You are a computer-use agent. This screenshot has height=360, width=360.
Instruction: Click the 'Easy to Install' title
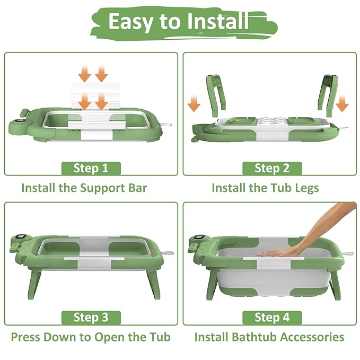point(179,21)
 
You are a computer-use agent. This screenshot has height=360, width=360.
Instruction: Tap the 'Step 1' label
point(91,168)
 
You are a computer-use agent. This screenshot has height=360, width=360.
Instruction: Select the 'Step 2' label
point(272,168)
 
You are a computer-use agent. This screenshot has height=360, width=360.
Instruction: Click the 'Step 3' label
point(91,317)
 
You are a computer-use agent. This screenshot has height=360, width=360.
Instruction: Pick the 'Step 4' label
point(272,317)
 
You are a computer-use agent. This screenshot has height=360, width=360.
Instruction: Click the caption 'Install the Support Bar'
point(84,188)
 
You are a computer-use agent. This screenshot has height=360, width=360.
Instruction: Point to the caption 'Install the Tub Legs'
point(265,188)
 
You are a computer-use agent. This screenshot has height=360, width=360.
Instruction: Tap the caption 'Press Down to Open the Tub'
point(91,337)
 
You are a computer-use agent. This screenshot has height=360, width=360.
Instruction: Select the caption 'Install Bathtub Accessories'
point(269,337)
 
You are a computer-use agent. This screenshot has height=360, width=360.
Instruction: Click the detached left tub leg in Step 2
point(216,95)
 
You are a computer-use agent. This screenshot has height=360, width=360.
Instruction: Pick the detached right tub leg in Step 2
point(328,95)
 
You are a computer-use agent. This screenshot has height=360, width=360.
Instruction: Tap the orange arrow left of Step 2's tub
point(194,103)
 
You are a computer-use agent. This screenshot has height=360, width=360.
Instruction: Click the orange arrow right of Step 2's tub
point(342,103)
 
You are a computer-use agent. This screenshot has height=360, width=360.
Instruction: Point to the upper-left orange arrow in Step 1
point(85,73)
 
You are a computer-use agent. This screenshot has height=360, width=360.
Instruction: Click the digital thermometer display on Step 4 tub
point(198,238)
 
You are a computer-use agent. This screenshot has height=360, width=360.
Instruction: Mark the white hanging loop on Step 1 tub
point(166,125)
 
